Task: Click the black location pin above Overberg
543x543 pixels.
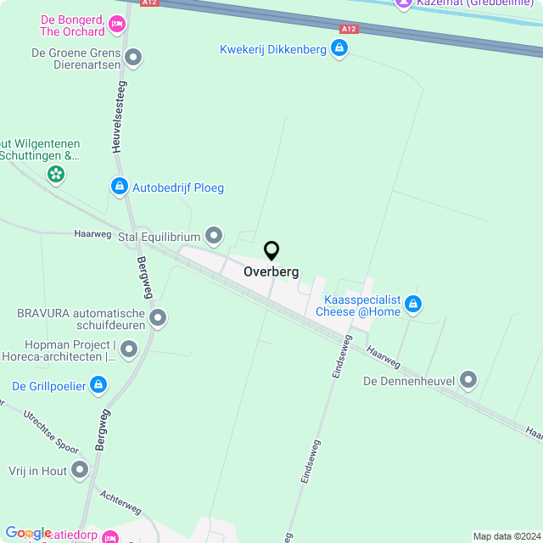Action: click(271, 251)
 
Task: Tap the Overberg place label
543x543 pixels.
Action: click(271, 272)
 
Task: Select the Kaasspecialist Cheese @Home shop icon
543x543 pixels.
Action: click(413, 303)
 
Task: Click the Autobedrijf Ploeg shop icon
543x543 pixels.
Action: click(119, 186)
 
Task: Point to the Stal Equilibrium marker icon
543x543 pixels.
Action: click(214, 234)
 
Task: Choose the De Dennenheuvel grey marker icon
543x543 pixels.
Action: click(468, 380)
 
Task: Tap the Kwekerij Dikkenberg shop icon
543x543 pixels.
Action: click(339, 48)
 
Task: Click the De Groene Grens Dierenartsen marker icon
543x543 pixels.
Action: click(132, 58)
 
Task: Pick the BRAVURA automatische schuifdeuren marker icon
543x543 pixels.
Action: click(158, 318)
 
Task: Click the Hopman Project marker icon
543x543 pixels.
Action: click(129, 349)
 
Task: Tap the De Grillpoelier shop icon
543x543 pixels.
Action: click(98, 386)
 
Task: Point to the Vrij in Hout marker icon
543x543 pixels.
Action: click(80, 468)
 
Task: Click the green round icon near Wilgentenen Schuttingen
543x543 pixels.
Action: click(56, 175)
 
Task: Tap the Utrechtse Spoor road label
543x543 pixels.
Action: click(51, 432)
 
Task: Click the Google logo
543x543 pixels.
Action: click(28, 533)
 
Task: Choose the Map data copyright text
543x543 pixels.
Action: click(506, 536)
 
